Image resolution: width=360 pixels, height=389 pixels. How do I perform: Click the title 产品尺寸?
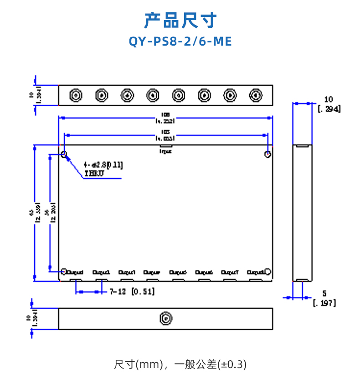click(180, 21)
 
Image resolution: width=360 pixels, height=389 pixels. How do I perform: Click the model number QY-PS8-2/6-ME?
click(180, 41)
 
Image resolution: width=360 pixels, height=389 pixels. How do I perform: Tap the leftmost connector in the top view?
click(75, 95)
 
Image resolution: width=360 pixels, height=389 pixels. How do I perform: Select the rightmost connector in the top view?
click(256, 95)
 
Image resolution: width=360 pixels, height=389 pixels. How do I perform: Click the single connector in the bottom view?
click(166, 318)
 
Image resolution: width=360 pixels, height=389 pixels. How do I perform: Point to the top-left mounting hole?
click(64, 154)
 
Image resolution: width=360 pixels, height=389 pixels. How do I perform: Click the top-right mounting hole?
click(268, 154)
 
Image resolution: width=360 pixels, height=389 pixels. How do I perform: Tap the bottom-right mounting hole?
click(268, 272)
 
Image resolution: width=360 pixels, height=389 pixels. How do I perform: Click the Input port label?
click(165, 151)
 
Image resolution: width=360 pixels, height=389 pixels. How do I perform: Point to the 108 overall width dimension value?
click(165, 114)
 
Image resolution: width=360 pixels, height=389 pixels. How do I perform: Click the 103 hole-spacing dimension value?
click(165, 132)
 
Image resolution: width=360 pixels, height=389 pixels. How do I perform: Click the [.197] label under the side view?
click(324, 302)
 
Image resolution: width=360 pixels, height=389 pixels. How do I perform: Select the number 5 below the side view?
click(324, 293)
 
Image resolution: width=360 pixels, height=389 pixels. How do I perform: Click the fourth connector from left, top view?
click(153, 95)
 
